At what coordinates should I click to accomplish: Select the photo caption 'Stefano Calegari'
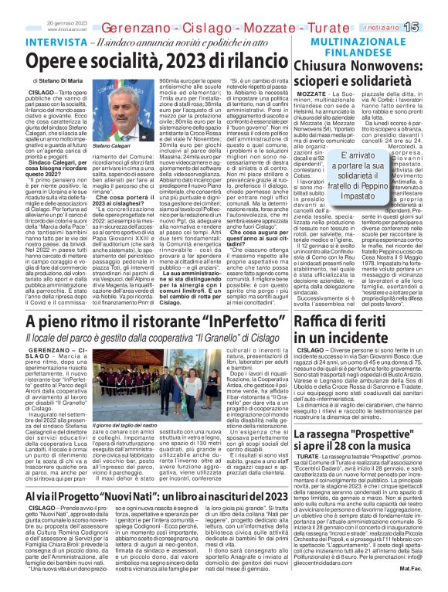coord(110,166)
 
